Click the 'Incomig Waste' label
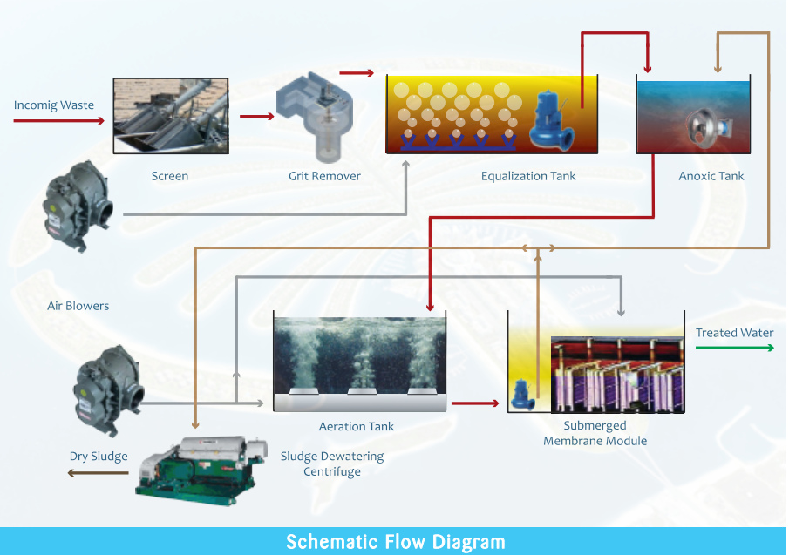click(54, 105)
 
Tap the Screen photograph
click(171, 116)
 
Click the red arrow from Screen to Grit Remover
click(256, 115)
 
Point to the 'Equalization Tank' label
click(528, 176)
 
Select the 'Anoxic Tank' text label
click(711, 176)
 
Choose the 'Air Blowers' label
click(78, 306)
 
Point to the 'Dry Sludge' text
click(99, 457)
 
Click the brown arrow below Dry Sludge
click(99, 473)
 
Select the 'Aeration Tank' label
click(356, 427)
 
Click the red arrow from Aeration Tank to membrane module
click(476, 403)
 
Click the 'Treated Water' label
click(734, 333)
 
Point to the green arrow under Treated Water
click(734, 348)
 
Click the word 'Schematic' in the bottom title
click(333, 542)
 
